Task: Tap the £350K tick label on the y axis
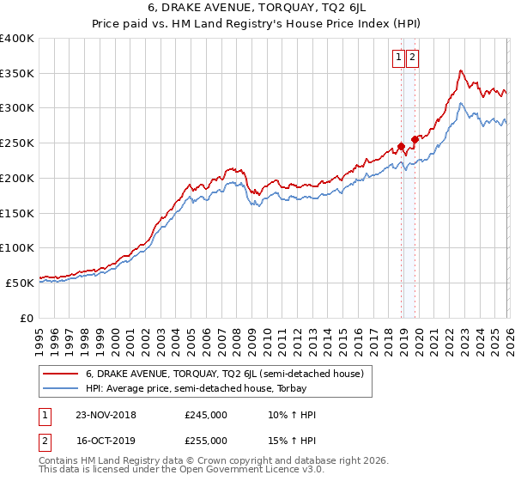coord(17,74)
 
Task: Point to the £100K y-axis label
coord(17,248)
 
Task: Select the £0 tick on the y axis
coord(27,318)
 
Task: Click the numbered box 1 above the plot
coord(399,58)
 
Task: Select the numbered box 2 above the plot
coord(413,58)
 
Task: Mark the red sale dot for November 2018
coord(401,146)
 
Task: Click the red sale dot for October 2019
coord(415,139)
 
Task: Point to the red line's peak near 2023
coord(461,70)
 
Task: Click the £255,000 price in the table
coord(206,440)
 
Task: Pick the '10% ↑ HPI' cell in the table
coord(292,415)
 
